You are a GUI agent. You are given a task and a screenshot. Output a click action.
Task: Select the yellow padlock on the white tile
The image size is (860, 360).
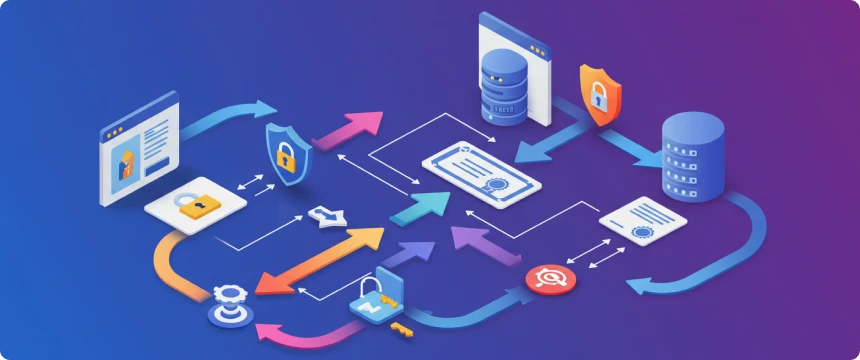(197, 205)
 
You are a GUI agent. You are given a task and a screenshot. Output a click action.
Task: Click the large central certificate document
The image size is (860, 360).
(481, 169)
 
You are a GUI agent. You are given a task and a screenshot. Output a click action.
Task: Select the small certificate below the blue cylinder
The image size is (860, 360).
(642, 222)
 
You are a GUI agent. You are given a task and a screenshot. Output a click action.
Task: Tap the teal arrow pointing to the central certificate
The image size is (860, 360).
(420, 206)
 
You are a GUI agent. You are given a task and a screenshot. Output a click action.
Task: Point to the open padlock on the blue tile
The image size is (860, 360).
(372, 299)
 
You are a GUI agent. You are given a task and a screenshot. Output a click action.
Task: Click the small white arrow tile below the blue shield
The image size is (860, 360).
(327, 214)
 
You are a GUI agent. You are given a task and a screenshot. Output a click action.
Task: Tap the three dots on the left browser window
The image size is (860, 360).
(117, 130)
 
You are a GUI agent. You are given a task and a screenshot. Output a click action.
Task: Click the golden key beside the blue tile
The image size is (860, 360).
(402, 327)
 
